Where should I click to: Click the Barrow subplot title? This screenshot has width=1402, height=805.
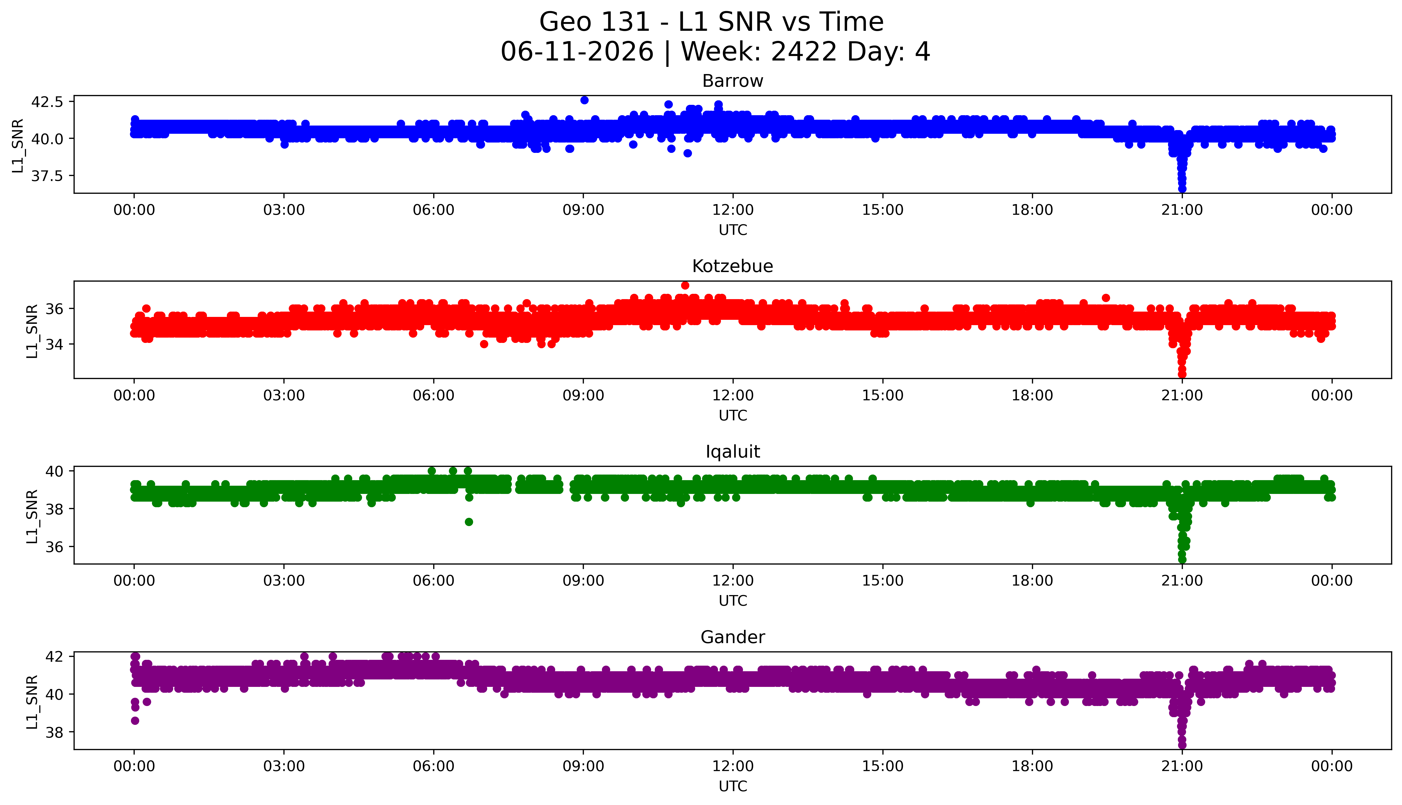pyautogui.click(x=733, y=81)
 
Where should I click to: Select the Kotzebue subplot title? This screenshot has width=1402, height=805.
pyautogui.click(x=733, y=266)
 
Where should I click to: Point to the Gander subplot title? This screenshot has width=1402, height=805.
pyautogui.click(x=733, y=638)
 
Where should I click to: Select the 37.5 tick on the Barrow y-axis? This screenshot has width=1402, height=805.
pyautogui.click(x=47, y=176)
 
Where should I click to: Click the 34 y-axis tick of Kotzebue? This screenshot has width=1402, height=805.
pyautogui.click(x=54, y=345)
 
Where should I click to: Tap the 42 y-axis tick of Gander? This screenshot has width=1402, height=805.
pyautogui.click(x=54, y=656)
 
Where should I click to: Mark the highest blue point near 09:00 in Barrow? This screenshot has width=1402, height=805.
pyautogui.click(x=584, y=100)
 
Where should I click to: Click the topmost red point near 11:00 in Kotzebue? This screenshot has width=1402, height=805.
pyautogui.click(x=685, y=285)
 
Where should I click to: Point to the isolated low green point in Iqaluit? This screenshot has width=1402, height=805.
pyautogui.click(x=469, y=522)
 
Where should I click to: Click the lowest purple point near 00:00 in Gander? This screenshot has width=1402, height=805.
pyautogui.click(x=135, y=720)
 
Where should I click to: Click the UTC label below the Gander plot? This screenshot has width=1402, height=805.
pyautogui.click(x=733, y=786)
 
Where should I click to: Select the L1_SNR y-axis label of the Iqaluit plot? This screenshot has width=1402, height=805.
pyautogui.click(x=32, y=516)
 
